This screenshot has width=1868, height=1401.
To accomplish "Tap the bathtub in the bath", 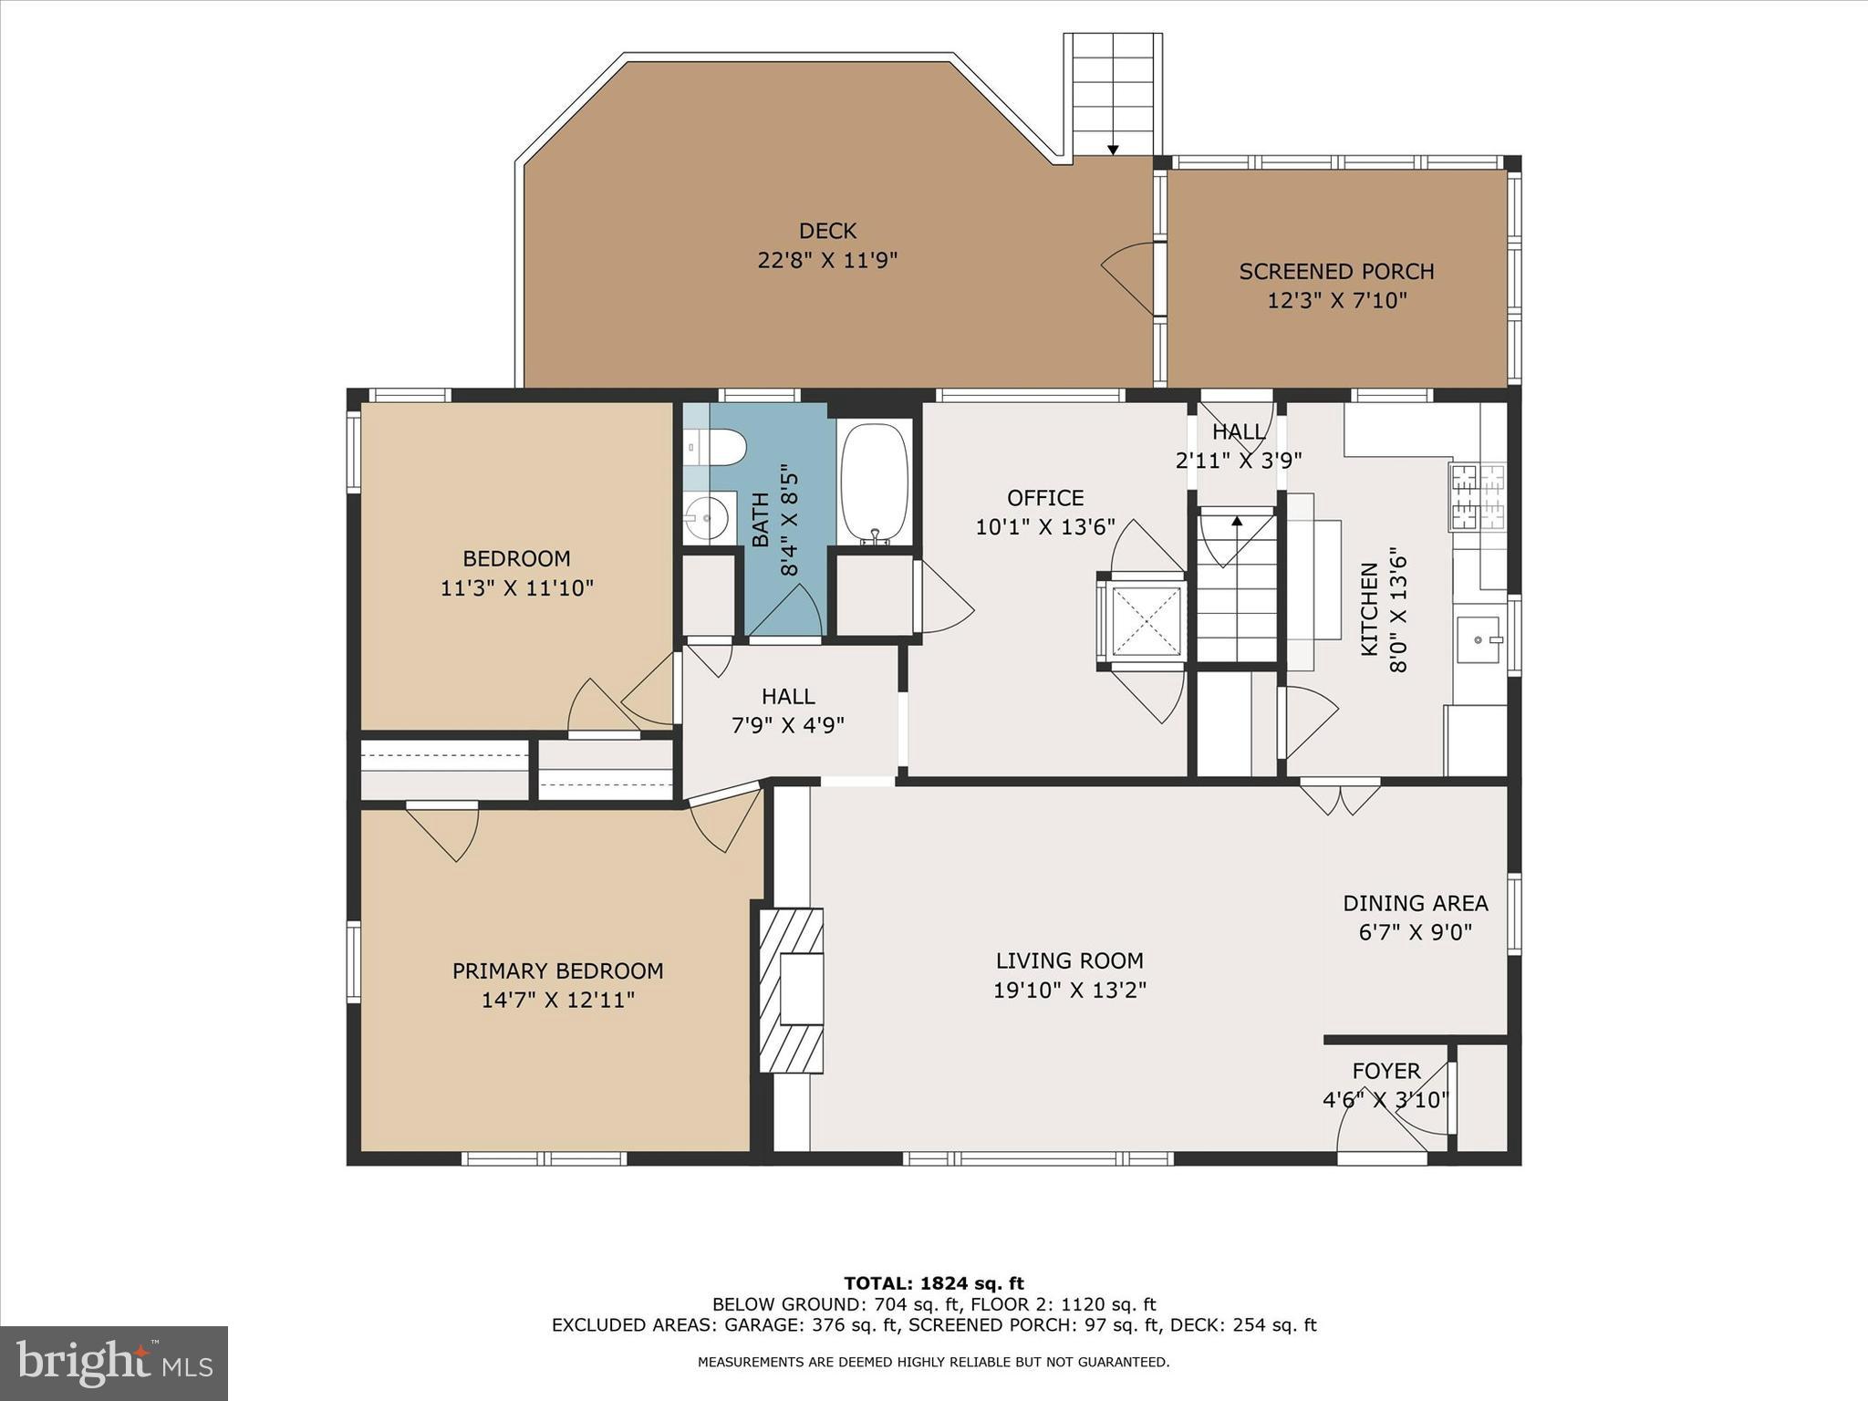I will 875,483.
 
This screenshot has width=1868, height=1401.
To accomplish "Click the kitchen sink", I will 1479,639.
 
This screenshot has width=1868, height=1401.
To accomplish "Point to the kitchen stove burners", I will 1477,497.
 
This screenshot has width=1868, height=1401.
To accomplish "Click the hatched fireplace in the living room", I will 792,991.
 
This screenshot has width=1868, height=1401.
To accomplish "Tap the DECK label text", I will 827,232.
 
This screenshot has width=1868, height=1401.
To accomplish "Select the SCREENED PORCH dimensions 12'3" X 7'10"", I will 1336,301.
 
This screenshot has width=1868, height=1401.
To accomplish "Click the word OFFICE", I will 1045,498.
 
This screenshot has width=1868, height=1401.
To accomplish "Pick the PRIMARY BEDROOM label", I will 557,971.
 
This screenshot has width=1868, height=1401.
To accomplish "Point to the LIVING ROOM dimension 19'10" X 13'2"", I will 1069,991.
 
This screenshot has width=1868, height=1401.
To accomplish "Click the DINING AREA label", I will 1415,904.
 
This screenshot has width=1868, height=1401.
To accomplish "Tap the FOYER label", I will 1385,1071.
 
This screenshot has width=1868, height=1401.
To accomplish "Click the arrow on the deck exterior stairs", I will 1113,150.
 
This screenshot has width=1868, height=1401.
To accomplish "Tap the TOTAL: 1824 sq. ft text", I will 934,1284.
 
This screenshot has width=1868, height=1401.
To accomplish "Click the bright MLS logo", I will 114,1364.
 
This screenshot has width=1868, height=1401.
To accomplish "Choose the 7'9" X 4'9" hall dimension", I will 788,726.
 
